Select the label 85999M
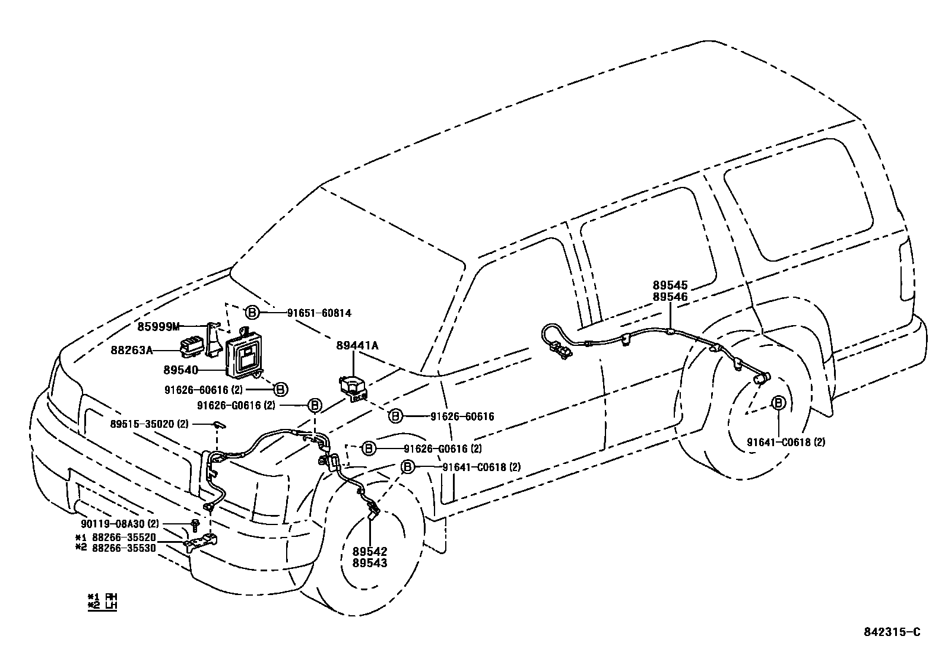click(158, 326)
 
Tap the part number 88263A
click(131, 350)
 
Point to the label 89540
click(180, 370)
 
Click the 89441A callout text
click(357, 345)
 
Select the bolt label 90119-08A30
click(113, 524)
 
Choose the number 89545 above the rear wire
click(670, 286)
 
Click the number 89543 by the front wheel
click(369, 562)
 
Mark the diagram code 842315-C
click(892, 632)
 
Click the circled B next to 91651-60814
click(252, 312)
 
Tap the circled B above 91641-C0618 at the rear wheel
click(778, 403)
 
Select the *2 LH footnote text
click(102, 606)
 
